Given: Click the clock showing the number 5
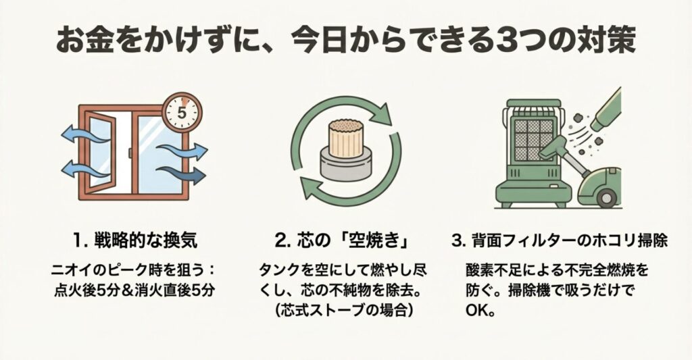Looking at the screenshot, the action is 182,112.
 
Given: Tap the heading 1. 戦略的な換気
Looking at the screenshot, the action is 135,240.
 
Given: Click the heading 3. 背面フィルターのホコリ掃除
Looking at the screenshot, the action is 559,240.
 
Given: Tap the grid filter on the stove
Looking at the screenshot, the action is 534,140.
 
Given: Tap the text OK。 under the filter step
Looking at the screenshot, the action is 480,311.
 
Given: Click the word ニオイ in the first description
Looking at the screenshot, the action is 73,269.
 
